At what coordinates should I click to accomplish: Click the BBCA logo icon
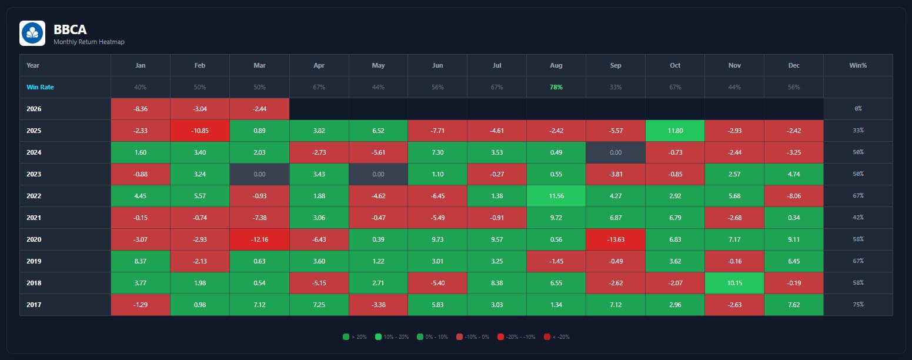coord(32,34)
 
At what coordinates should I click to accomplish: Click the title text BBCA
coord(70,29)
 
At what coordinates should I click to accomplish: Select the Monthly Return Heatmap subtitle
coord(89,42)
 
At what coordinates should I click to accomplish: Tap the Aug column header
coord(556,65)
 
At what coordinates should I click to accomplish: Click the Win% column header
coord(858,65)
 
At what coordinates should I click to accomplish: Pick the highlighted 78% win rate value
coord(556,87)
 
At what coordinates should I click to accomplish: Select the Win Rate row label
coord(39,87)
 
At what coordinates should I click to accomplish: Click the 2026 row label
coord(34,109)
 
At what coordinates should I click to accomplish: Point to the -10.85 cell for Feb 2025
coord(200,131)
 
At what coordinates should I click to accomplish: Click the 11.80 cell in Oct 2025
coord(675,131)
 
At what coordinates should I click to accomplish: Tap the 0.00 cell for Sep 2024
coord(616,152)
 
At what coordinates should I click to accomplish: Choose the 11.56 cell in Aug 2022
coord(556,196)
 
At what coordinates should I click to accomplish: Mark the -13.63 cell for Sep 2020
coord(616,239)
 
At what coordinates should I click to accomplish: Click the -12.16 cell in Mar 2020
coord(259,239)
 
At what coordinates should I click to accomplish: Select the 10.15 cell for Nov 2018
coord(734,283)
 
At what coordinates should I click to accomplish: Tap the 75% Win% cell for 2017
coord(858,305)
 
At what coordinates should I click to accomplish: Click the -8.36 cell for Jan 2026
coord(141,109)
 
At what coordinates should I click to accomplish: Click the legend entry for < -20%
coord(556,337)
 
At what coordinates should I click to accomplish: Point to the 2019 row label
coord(34,261)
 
